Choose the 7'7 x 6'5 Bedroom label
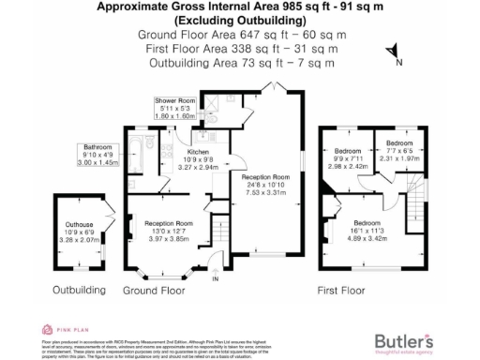pyautogui.click(x=394, y=154)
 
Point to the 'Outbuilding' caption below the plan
pyautogui.click(x=79, y=291)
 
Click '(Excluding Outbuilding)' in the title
pyautogui.click(x=240, y=18)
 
